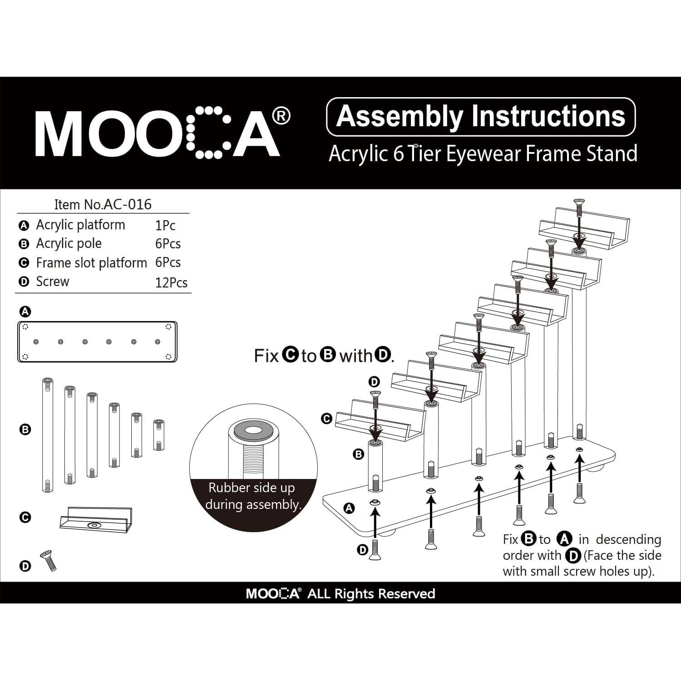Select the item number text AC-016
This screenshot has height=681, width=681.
(128, 204)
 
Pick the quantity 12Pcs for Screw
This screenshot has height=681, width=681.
(171, 282)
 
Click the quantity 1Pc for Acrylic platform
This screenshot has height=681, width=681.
(165, 225)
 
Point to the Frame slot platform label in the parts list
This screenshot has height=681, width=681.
(91, 263)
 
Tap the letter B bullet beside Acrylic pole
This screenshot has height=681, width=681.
(24, 244)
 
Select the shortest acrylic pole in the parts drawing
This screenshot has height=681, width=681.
(158, 434)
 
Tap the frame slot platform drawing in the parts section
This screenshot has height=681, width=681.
(96, 519)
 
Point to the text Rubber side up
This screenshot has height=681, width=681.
(252, 488)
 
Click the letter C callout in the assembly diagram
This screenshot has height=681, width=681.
(326, 419)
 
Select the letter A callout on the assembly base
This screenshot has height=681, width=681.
(349, 508)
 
